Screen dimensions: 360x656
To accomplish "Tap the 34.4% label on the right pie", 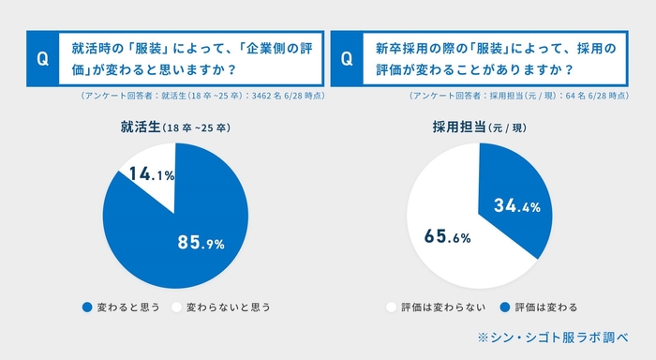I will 517,206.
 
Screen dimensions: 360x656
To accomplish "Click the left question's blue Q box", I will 41,58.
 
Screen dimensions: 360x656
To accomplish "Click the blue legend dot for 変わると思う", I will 87,307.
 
